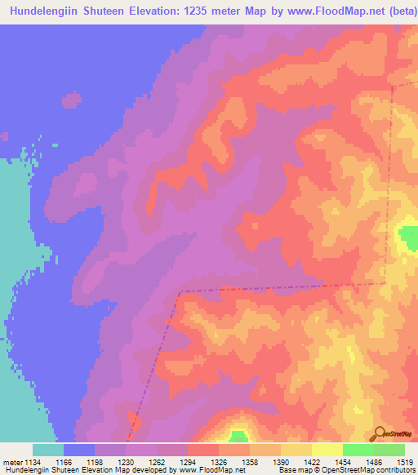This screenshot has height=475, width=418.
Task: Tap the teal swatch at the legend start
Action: [48, 450]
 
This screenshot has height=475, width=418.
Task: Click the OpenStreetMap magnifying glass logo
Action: [380, 433]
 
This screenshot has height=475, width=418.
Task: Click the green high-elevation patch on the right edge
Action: [407, 238]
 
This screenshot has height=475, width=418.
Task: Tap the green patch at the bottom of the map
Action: [238, 437]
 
